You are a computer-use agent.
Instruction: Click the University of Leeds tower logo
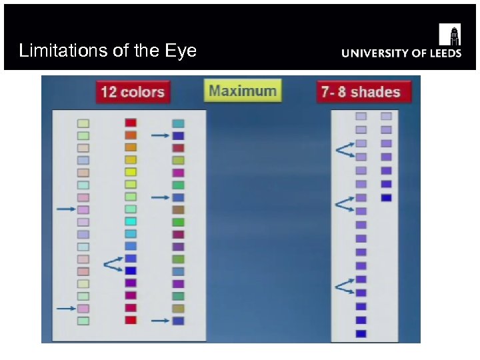(449, 34)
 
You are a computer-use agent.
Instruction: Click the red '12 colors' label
(133, 92)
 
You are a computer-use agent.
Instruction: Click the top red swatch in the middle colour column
(131, 123)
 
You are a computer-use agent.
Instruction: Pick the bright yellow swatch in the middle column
(131, 172)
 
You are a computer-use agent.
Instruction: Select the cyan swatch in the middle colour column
(131, 221)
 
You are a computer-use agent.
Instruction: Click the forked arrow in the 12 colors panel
(113, 264)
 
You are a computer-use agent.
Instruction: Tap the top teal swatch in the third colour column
(178, 123)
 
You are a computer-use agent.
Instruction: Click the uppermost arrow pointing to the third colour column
(160, 135)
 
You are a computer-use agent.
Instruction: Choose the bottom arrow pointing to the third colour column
(160, 321)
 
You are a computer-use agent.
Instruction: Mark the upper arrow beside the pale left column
(66, 209)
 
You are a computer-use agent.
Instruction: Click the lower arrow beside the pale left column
(66, 308)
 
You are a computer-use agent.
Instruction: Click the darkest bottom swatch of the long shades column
(361, 333)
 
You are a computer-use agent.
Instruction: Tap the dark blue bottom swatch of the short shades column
(386, 198)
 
